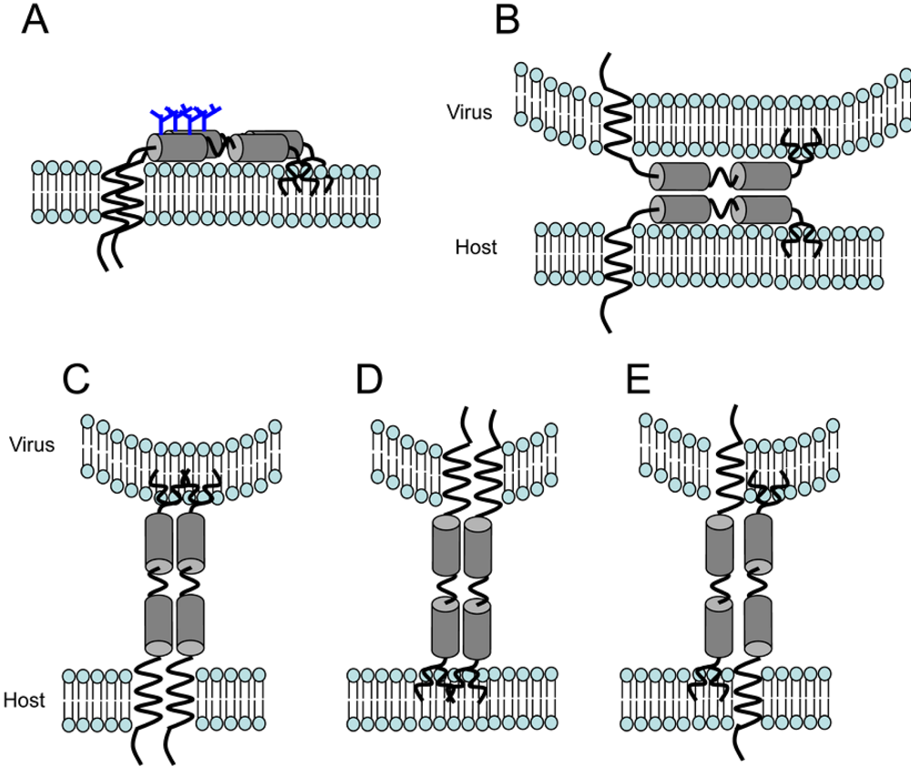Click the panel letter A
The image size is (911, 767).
tap(34, 21)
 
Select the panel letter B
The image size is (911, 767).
tap(507, 21)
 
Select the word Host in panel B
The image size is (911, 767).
tap(476, 247)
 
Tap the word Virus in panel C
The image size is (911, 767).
tap(33, 445)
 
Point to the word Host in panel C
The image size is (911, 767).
tap(25, 700)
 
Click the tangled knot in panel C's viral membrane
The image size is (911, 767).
tap(186, 489)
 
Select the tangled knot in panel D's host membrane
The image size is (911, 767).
tap(450, 680)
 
